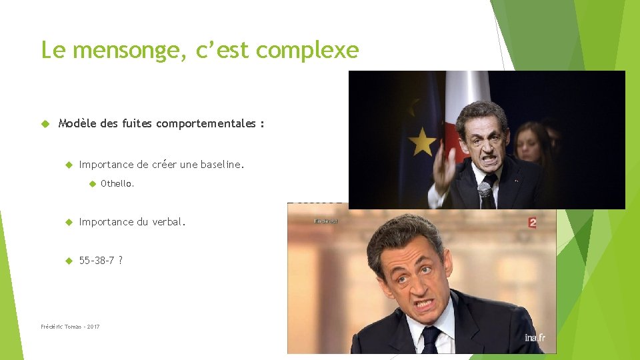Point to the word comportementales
coord(206,123)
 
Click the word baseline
coord(222,164)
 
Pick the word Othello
coord(117,183)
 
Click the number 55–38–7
coord(97,260)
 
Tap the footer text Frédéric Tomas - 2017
coord(70,327)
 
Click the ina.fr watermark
coord(535,338)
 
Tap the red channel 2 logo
coord(532,223)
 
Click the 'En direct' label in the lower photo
coord(326,221)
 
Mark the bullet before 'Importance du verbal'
coord(68,222)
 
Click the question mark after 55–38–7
coord(121,260)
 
